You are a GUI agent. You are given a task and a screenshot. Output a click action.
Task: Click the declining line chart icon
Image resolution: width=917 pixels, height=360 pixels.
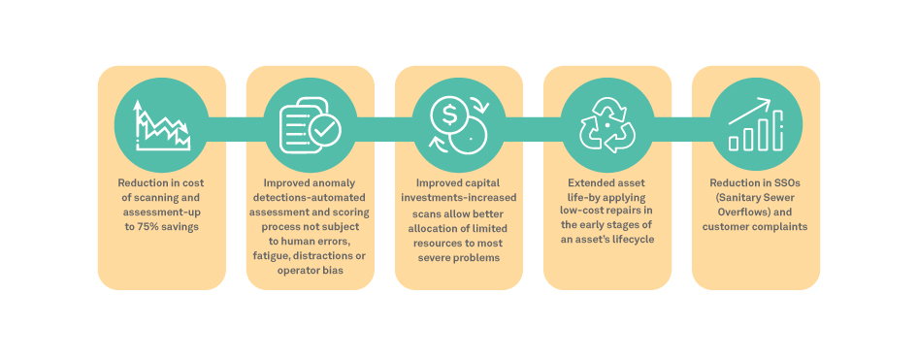162,125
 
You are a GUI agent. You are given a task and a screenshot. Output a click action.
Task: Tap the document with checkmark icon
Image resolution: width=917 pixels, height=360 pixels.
310,125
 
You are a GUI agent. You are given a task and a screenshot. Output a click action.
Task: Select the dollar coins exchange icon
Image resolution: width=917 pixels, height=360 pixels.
459,125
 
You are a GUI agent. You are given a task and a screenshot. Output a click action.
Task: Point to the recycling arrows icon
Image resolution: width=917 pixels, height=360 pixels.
607,125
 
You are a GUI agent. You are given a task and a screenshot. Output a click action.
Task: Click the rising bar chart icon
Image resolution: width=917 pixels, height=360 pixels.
756,124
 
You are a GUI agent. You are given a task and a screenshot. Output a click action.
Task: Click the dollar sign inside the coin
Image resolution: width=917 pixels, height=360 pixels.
449,116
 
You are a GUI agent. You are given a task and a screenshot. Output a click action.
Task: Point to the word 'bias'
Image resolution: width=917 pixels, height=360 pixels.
333,270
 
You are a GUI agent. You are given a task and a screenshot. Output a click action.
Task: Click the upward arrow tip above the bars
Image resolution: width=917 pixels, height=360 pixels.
770,100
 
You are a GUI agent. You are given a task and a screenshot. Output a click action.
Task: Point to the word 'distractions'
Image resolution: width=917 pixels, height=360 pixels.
316,255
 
